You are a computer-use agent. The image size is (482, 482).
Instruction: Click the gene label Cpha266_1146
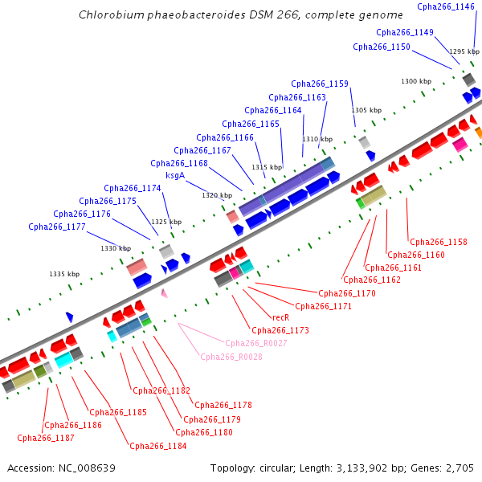pos(446,6)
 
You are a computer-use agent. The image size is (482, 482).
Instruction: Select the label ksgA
pos(175,175)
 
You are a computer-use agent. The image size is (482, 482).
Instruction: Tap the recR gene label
pos(281,318)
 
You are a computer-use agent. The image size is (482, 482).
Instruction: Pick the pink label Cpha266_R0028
pos(231,357)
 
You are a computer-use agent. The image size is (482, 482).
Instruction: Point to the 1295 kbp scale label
pos(464,51)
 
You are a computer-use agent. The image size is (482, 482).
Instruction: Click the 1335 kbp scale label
pos(64,274)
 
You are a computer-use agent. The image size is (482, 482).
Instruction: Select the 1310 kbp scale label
pos(317,139)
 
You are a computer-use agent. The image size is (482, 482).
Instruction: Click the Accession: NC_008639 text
pos(61,468)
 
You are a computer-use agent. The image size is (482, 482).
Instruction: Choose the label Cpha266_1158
pos(439,242)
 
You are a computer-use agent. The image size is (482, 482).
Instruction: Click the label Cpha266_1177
pos(57,227)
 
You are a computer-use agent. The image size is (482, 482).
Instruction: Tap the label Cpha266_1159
pos(320,84)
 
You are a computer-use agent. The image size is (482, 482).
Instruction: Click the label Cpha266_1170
pos(347,293)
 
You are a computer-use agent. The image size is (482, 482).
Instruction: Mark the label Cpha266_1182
pos(161,390)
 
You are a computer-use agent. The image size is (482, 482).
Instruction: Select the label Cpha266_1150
pos(382,47)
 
